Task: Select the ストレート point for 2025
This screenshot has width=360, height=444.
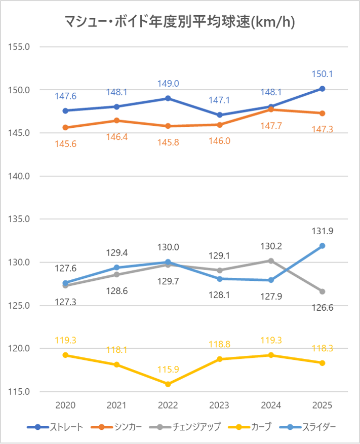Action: pos(322,89)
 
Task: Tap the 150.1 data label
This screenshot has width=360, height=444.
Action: pos(322,74)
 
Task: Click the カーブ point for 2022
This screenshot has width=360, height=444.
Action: pos(168,384)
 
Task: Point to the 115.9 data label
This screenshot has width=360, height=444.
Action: pos(168,370)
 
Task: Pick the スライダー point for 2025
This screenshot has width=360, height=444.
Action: pos(322,246)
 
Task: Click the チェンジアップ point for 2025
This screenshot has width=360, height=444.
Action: pos(322,291)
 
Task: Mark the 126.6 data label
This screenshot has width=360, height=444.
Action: pos(322,307)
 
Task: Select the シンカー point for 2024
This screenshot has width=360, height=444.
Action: pos(270,109)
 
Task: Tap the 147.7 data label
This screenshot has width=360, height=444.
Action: pos(270,125)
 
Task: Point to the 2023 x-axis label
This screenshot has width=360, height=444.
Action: pos(219,405)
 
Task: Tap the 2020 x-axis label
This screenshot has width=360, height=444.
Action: pos(65,405)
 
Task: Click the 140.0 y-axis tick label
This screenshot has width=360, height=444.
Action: pos(19,176)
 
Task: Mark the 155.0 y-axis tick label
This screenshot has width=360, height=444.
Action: pos(19,47)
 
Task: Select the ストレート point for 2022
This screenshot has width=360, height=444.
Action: pos(168,98)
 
